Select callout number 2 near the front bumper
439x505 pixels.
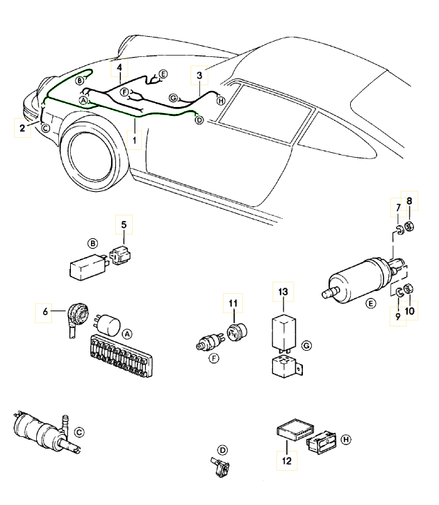click(x=22, y=129)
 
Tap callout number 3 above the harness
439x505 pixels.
click(x=199, y=75)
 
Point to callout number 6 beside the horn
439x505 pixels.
click(x=45, y=313)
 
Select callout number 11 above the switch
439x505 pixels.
click(x=233, y=304)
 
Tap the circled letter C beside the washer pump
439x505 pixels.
click(x=79, y=431)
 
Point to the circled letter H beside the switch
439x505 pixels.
click(x=345, y=438)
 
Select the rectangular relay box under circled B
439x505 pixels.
click(x=84, y=265)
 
